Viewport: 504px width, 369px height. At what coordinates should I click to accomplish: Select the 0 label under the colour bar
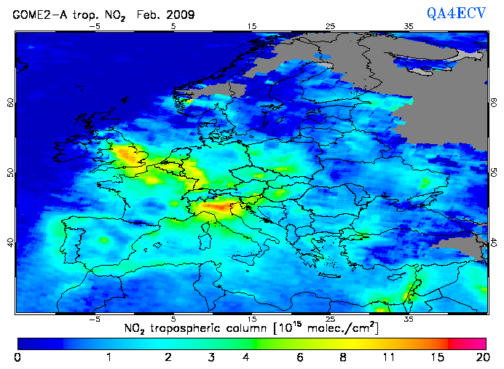pos(17,357)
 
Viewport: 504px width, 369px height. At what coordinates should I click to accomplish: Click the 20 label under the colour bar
pos(480,357)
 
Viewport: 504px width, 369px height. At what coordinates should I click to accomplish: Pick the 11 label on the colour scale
pos(388,357)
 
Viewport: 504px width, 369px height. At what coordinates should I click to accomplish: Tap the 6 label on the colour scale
pos(300,357)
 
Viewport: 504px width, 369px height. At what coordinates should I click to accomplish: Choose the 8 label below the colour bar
pos(342,357)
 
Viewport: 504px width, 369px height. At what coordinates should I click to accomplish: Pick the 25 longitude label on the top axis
pos(330,25)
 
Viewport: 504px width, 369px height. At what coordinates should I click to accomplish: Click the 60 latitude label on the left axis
pos(11,103)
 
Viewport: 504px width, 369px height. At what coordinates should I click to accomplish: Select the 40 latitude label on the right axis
pos(493,242)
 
